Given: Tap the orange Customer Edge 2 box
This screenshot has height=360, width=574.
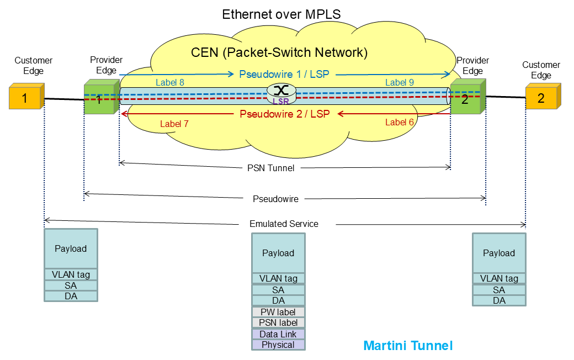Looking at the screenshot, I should pos(543,98).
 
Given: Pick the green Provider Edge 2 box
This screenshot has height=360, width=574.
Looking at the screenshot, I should pos(466,99).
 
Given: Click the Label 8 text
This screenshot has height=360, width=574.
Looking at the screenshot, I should pos(169,82).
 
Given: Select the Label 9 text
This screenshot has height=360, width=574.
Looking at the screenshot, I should pos(399,82).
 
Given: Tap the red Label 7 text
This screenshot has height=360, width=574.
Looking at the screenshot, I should pos(174,124).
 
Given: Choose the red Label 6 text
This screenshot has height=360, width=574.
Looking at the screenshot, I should pos(399,122).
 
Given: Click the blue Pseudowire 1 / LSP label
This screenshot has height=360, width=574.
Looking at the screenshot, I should pos(284,73).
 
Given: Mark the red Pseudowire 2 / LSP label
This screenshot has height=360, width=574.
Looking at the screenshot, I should pos(284,114).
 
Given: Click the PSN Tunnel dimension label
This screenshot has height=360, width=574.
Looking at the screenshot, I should pos(270,168).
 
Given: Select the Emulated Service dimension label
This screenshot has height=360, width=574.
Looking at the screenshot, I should pos(284,224).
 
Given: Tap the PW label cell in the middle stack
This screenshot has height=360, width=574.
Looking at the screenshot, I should pos(278,312).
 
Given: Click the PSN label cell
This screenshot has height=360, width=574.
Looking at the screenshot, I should pos(278,323).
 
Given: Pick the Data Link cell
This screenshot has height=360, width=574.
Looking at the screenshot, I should pos(278,334).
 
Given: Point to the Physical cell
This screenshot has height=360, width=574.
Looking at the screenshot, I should pos(278,345).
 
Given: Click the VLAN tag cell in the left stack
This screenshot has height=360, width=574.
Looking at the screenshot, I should pos(71,274).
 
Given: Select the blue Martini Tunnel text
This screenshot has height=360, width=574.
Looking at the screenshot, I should pos(408,346).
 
